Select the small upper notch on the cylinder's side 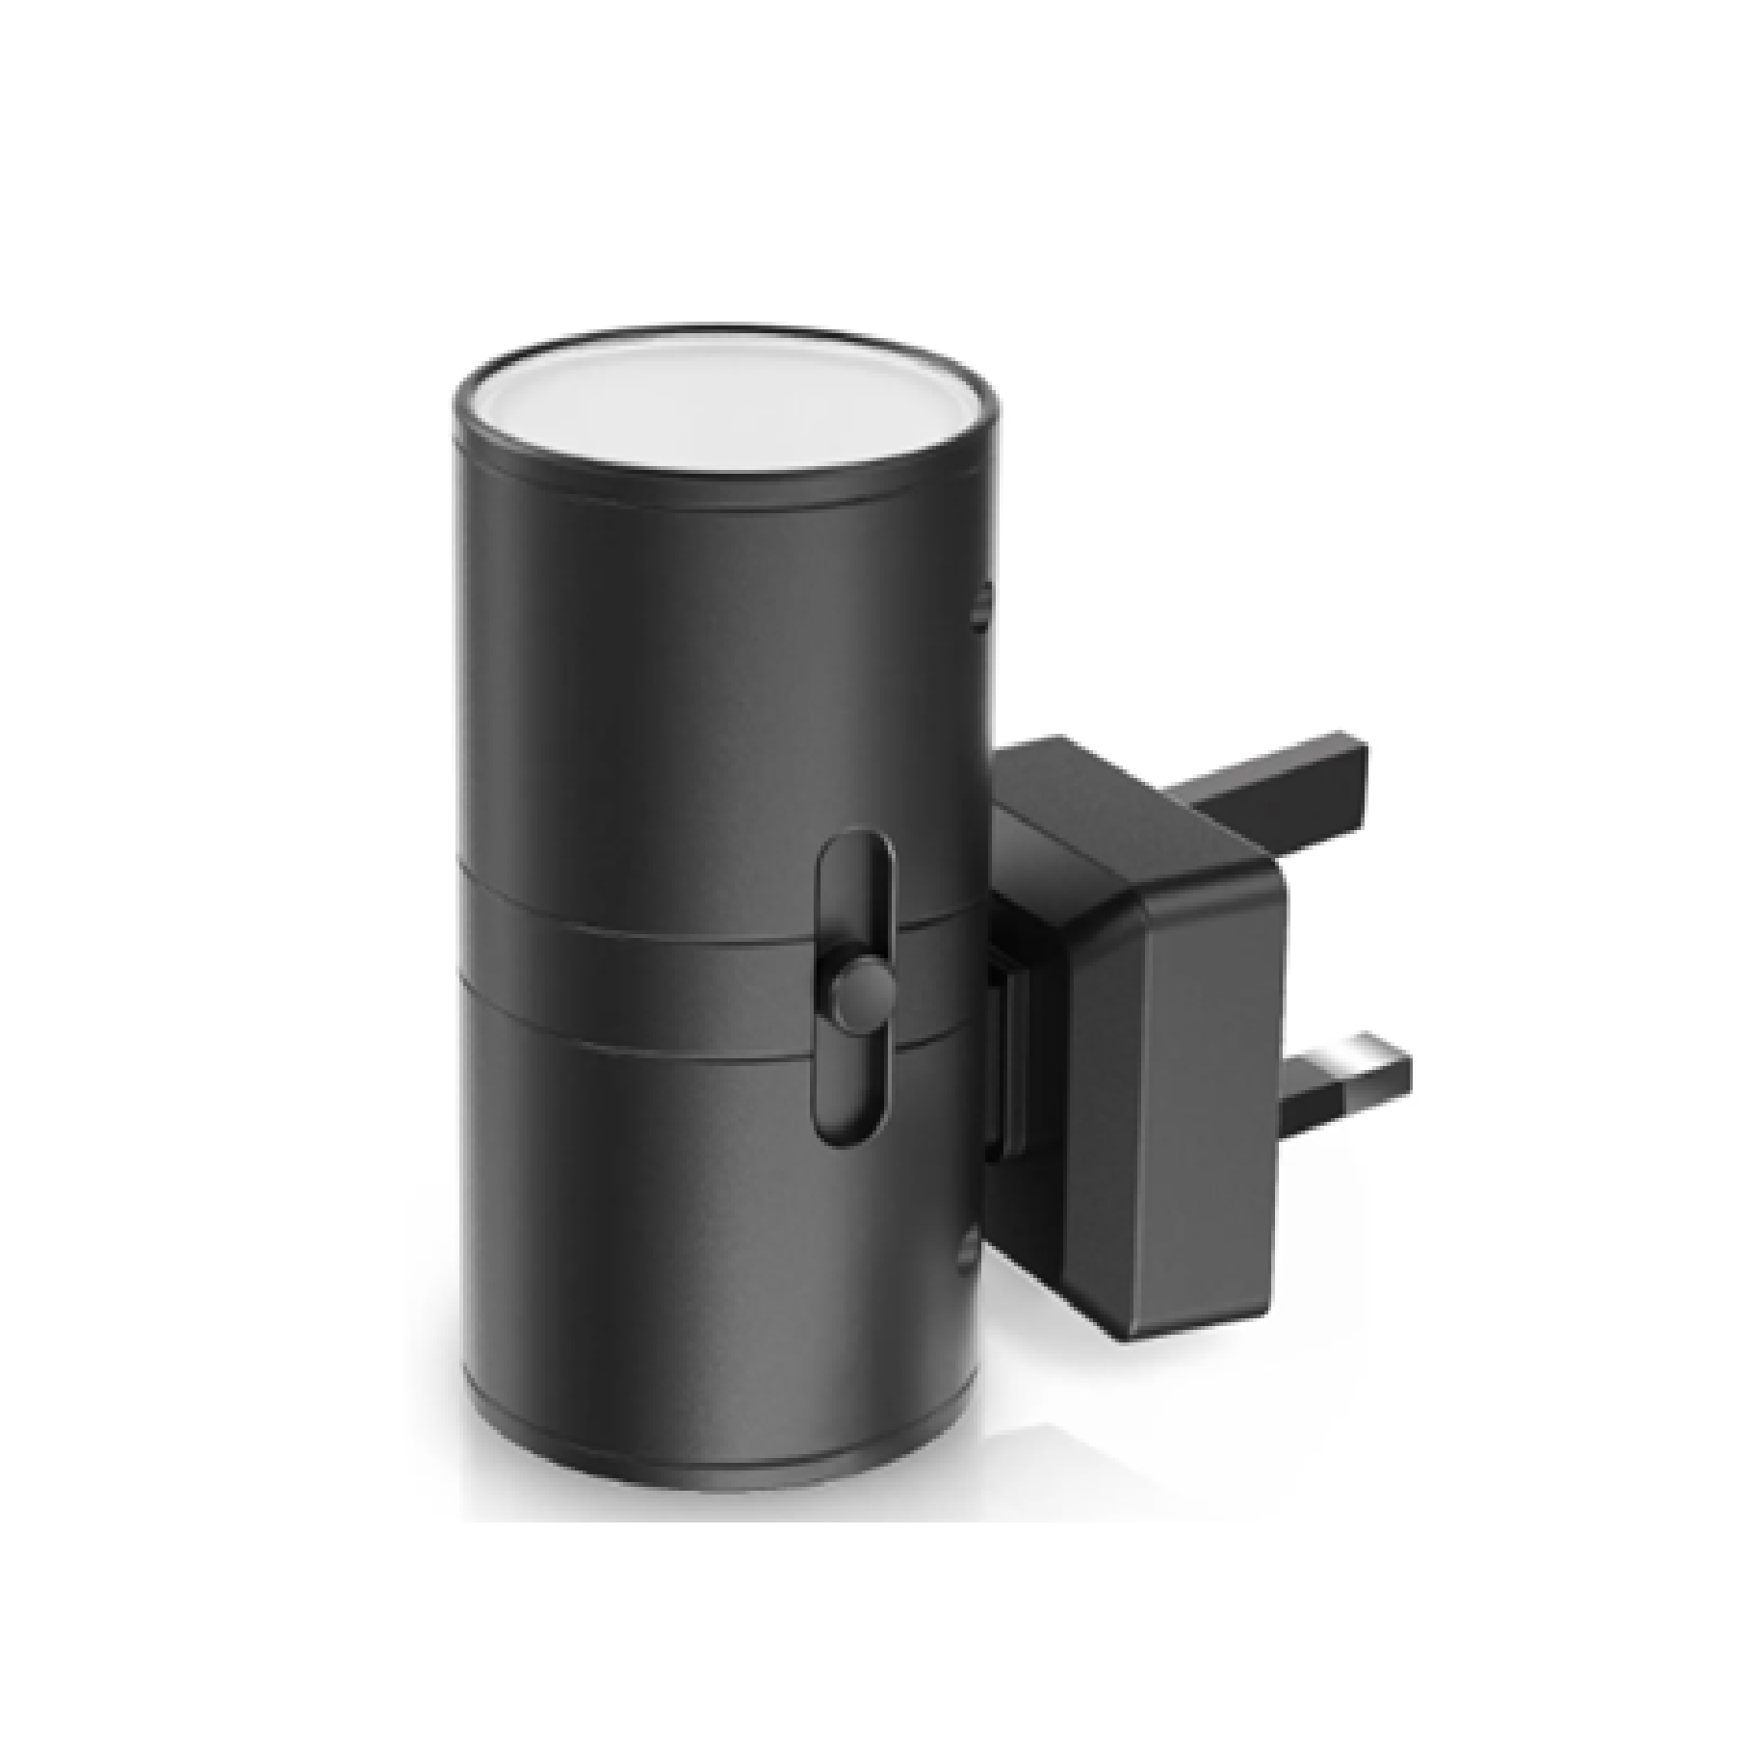tap(980, 608)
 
